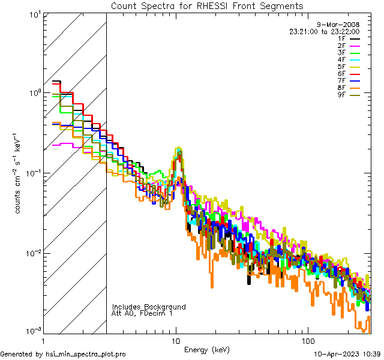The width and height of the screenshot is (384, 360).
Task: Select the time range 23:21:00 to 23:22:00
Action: point(324,31)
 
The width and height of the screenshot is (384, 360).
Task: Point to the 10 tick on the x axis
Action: point(176,341)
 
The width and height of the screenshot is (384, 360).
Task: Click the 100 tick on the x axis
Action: point(308,341)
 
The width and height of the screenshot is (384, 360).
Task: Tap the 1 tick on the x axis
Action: point(44,341)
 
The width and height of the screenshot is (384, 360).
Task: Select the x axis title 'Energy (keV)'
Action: point(207,349)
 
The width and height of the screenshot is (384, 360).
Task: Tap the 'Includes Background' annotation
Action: point(148,307)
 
